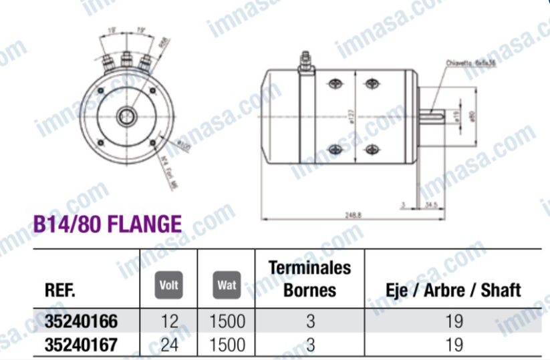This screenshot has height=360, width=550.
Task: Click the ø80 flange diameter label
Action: [x=472, y=118]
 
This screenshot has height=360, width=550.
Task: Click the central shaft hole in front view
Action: [x=125, y=116]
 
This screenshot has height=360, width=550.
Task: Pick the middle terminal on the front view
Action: [x=125, y=61]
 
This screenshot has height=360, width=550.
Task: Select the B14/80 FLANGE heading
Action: [x=107, y=222]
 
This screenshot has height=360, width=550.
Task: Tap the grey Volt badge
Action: [x=170, y=284]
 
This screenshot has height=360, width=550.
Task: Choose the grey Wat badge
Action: [x=226, y=284]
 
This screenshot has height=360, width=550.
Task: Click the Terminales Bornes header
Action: [x=309, y=279]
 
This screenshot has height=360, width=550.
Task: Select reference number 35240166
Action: [x=81, y=322]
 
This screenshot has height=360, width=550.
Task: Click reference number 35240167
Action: [x=81, y=345]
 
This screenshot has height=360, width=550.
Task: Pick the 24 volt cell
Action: [x=170, y=345]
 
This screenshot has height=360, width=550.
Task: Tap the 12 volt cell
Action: [x=170, y=322]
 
